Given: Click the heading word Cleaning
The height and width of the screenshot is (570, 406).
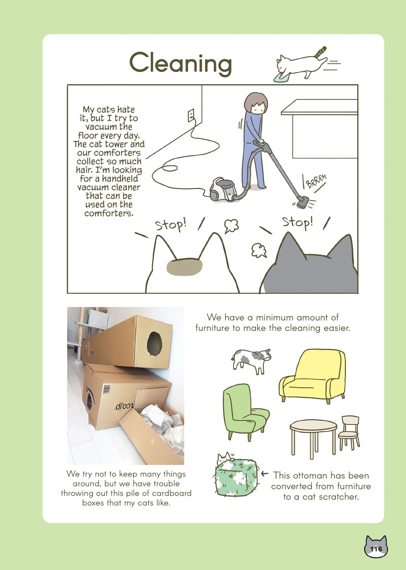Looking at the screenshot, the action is click(x=180, y=63).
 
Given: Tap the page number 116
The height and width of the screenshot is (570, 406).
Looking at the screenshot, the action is click(x=376, y=549).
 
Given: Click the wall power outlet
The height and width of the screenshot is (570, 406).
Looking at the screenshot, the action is click(x=191, y=115).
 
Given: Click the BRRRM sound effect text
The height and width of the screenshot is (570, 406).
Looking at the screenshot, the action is click(x=316, y=181).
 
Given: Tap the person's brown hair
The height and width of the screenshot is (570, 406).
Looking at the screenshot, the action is click(x=255, y=102).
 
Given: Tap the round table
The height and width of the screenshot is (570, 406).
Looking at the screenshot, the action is click(x=313, y=438).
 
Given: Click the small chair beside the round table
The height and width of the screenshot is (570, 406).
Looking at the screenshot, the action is click(x=349, y=432).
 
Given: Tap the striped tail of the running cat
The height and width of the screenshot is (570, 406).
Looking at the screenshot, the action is click(x=321, y=52).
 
